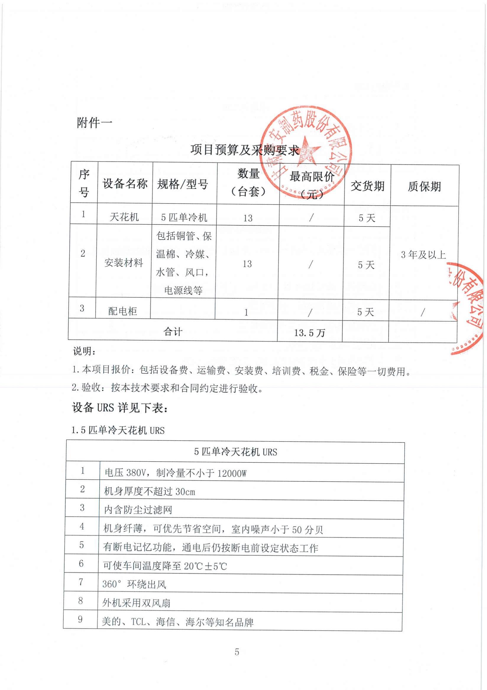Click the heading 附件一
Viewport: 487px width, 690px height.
coord(95,123)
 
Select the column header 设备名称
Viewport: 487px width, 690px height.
coord(125,184)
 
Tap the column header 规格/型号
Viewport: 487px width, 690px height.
coord(183,184)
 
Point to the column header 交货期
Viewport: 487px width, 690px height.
coord(368,186)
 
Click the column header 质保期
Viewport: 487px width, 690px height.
coord(424,187)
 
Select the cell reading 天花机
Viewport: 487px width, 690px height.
coord(124,217)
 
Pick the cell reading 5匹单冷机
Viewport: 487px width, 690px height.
coord(184,217)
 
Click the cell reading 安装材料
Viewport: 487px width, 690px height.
coord(124,263)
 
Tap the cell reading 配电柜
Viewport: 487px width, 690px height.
coord(123,311)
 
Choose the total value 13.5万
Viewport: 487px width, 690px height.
coord(310,333)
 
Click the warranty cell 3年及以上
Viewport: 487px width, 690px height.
coord(423,255)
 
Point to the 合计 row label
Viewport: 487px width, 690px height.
coord(173,332)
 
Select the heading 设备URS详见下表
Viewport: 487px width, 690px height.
coord(120,408)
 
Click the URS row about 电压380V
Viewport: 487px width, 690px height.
coord(175,473)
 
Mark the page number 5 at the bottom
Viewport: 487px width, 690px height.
coord(237,652)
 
